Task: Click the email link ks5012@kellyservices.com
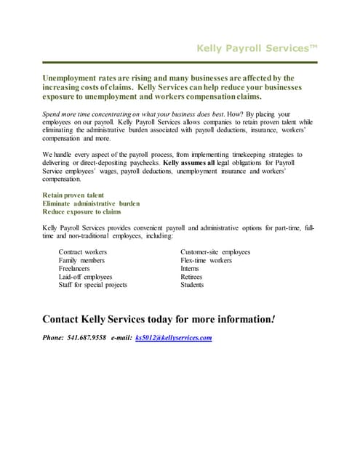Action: pos(173,338)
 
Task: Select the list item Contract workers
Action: pos(82,252)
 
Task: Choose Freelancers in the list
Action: pos(74,268)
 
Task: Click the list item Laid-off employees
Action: pos(85,277)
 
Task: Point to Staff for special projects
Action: pos(92,285)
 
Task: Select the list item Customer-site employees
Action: pos(215,252)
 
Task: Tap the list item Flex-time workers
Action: pos(206,260)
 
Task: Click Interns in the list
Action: pos(190,268)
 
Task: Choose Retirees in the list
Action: pos(191,277)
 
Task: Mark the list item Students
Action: pos(192,285)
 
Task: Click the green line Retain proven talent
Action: pos(73,195)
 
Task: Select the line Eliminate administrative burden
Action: pos(91,203)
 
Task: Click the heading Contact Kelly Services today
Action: pos(159,319)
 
